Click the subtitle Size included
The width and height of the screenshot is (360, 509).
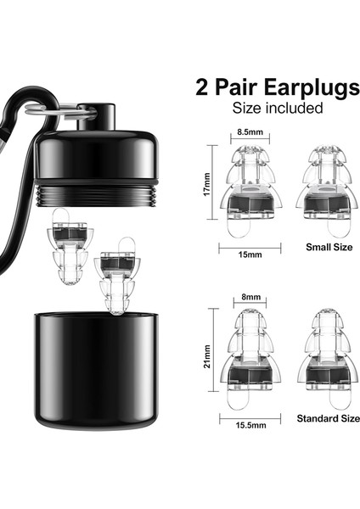(278, 108)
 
